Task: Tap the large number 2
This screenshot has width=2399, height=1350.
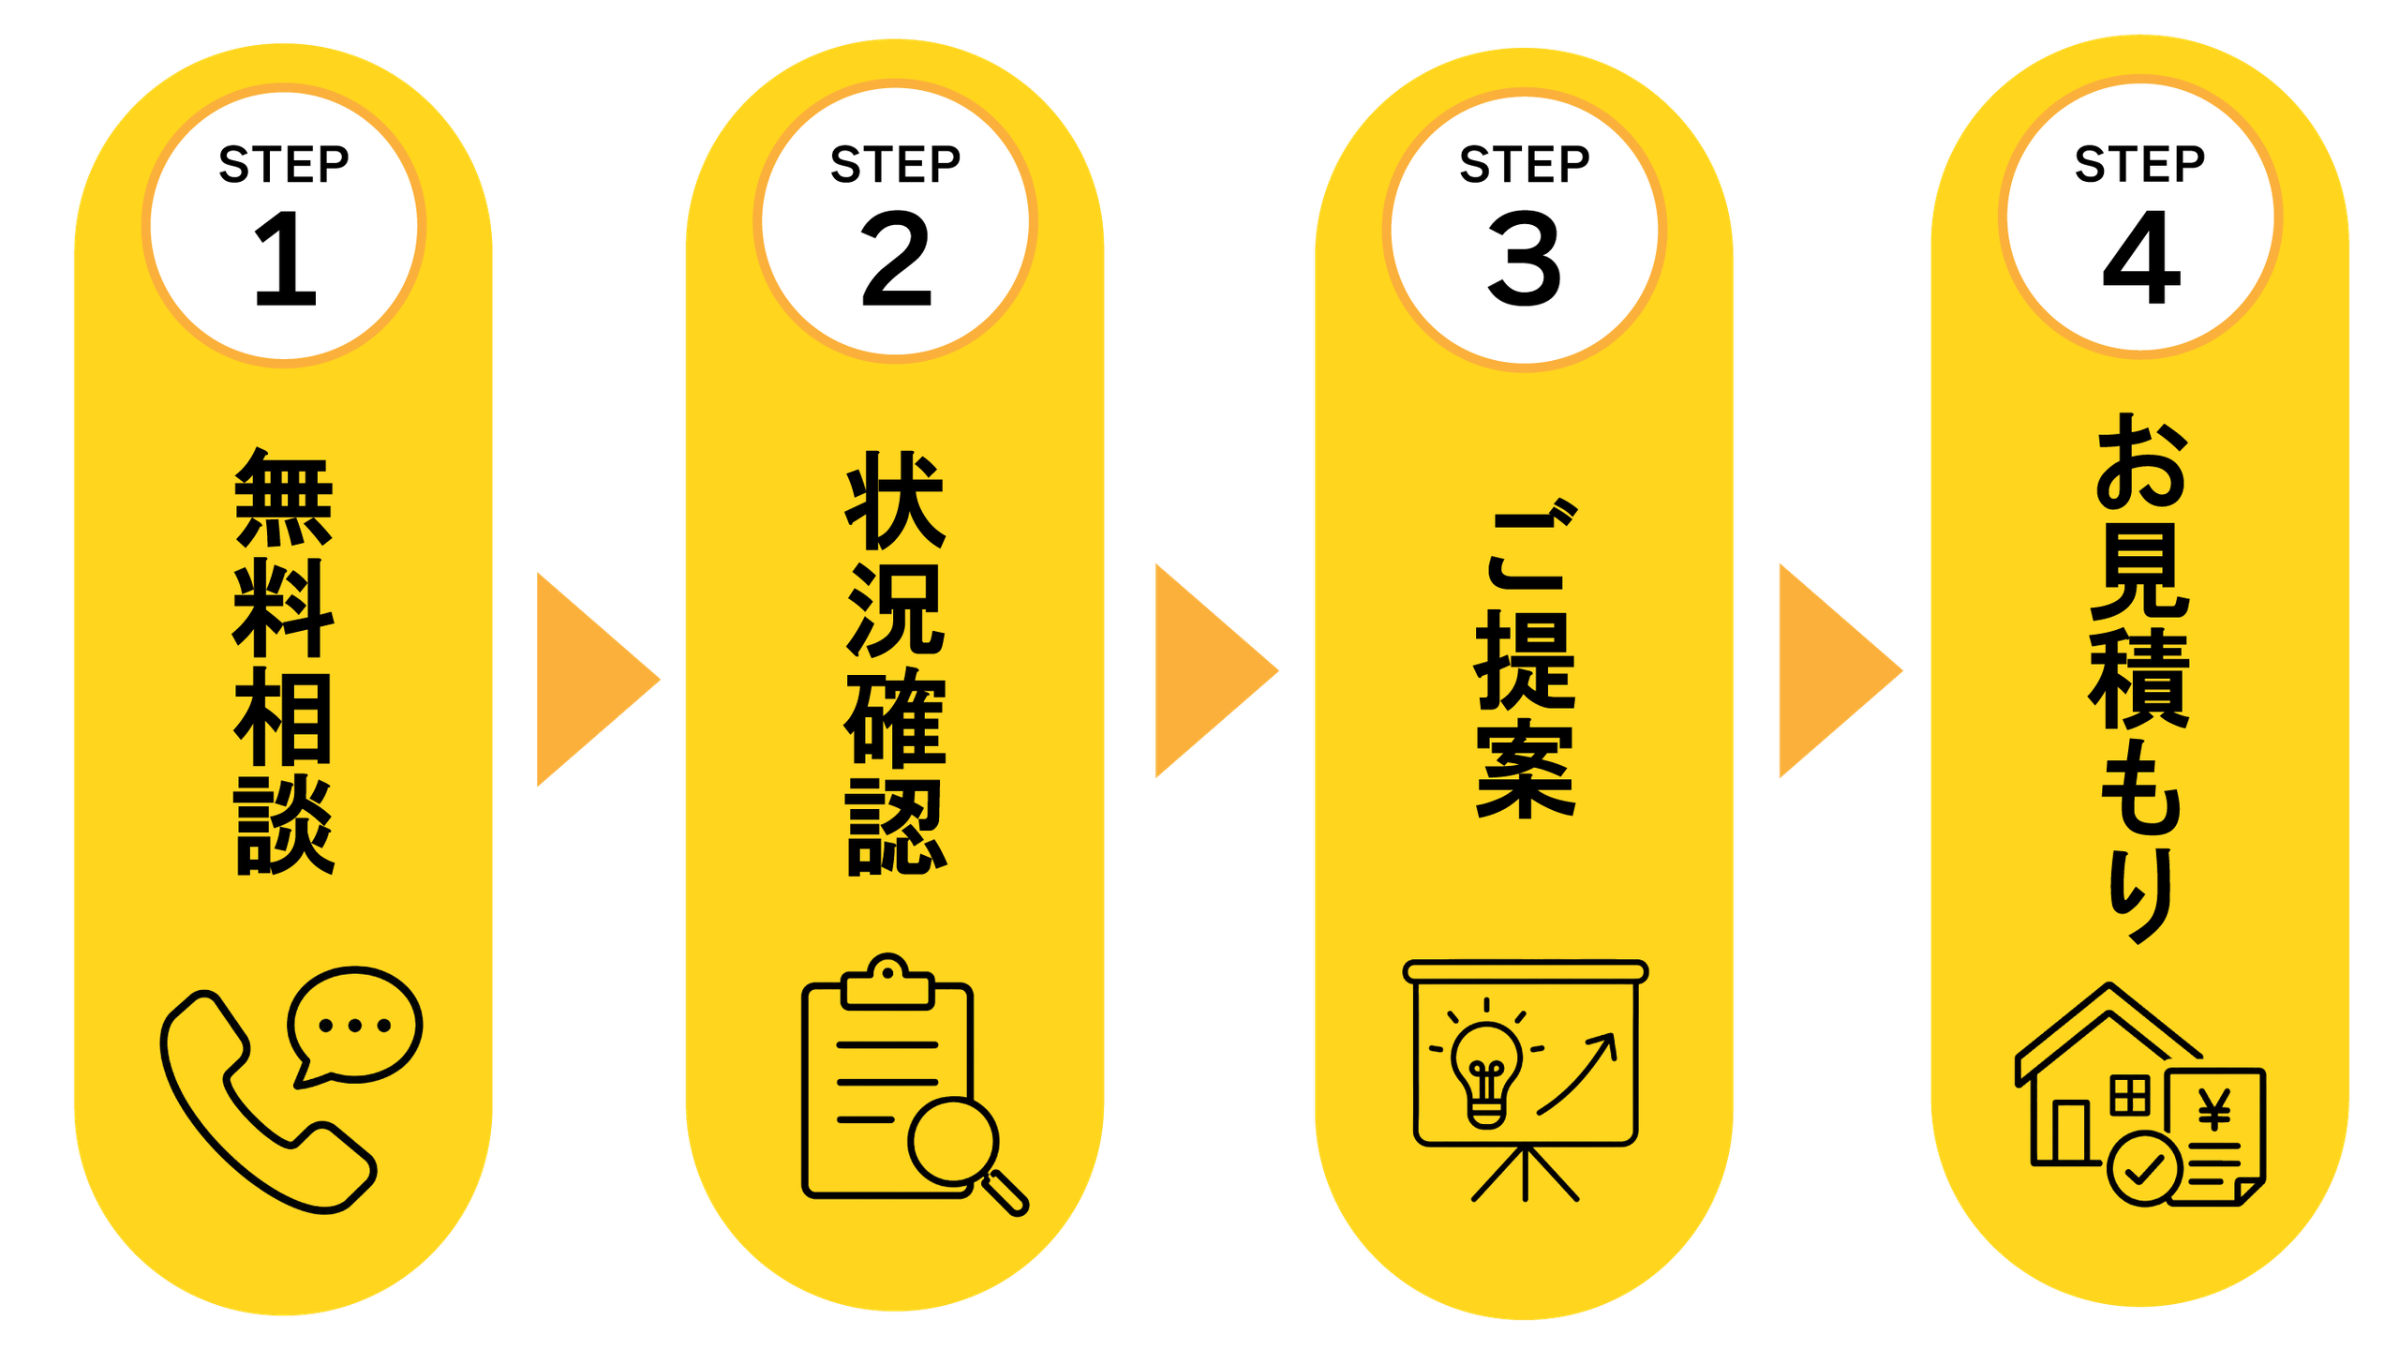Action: point(896,258)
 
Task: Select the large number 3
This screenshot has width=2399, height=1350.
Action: point(1525,258)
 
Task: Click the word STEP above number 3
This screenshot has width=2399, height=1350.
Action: point(1525,164)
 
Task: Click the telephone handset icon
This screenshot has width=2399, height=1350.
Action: point(268,1102)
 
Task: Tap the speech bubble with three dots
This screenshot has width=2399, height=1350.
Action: point(354,1027)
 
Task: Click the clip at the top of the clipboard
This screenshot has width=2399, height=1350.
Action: point(887,982)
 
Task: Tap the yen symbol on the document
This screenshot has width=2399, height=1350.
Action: point(2214,1110)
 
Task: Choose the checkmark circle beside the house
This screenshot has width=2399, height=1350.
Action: point(2144,1169)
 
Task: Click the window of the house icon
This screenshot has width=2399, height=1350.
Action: point(2129,1095)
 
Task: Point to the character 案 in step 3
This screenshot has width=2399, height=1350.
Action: point(1526,769)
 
